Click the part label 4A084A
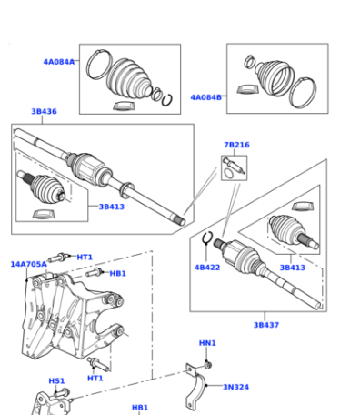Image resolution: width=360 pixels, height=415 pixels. tap(59, 62)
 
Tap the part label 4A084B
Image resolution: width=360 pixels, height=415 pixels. tap(205, 97)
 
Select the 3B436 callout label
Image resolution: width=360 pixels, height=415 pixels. tap(44, 111)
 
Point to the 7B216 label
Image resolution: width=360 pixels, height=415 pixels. tap(236, 145)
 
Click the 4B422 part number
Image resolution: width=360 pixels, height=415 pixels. tap(207, 268)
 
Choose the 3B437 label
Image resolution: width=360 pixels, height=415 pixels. tap(266, 325)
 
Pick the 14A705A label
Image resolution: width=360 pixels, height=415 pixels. tap(29, 264)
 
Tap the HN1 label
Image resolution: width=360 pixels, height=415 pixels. tap(207, 343)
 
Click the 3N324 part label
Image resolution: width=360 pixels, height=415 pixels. tap(235, 387)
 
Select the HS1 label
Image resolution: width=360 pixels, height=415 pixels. tap(56, 380)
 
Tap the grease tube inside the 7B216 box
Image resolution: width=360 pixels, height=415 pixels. tap(234, 166)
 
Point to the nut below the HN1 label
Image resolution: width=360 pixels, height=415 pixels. tap(208, 364)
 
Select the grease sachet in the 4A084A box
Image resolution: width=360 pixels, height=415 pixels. tap(124, 106)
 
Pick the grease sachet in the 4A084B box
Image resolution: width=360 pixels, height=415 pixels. tap(247, 89)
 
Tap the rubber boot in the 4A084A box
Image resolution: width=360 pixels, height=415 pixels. tap(129, 79)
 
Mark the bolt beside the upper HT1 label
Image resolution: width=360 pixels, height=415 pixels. tap(58, 258)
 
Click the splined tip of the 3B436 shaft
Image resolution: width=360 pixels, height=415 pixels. tap(179, 220)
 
